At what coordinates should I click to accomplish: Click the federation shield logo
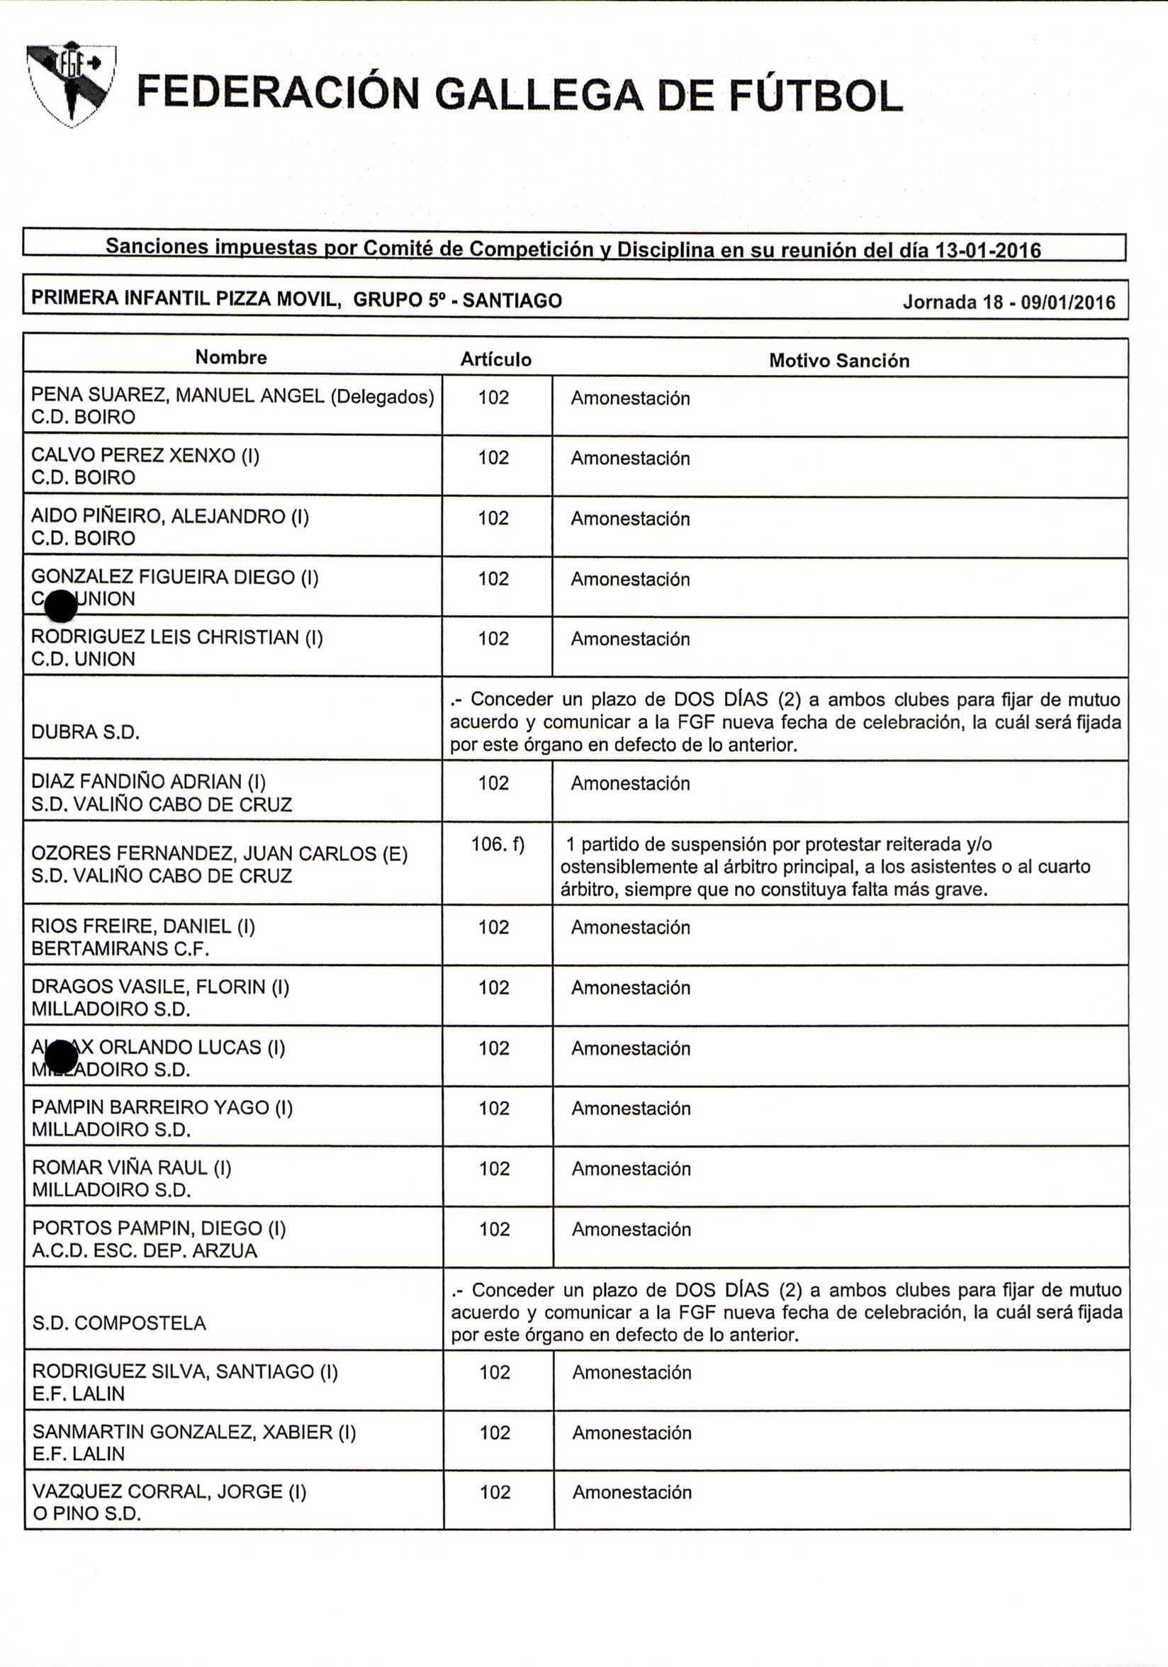[70, 84]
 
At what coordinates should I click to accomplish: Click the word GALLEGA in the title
[538, 95]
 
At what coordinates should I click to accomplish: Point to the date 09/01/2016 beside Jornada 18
[1068, 302]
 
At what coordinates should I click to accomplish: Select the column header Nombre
[231, 357]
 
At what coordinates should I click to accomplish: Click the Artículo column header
[496, 359]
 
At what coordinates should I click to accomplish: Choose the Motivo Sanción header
[838, 361]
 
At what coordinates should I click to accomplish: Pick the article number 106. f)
[498, 843]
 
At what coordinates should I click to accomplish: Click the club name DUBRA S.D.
[86, 732]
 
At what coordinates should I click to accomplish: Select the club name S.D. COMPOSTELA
[119, 1322]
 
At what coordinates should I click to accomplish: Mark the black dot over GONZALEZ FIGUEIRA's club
[60, 605]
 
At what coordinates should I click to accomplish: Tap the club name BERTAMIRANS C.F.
[120, 949]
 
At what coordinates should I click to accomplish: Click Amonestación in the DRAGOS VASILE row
[631, 987]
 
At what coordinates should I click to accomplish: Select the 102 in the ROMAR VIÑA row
[495, 1168]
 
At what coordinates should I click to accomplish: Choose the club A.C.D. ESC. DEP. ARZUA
[145, 1250]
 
